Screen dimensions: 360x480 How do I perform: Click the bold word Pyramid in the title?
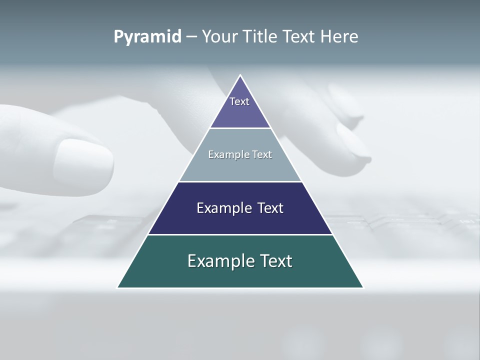point(147,37)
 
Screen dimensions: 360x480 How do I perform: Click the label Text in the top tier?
point(239,101)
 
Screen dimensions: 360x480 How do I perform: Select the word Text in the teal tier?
point(275,261)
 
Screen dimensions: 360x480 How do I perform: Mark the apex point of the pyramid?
point(240,75)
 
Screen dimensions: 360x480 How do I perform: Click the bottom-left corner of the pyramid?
point(118,287)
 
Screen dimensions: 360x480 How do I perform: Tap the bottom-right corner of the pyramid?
point(363,287)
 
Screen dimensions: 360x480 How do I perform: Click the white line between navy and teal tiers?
point(240,234)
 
